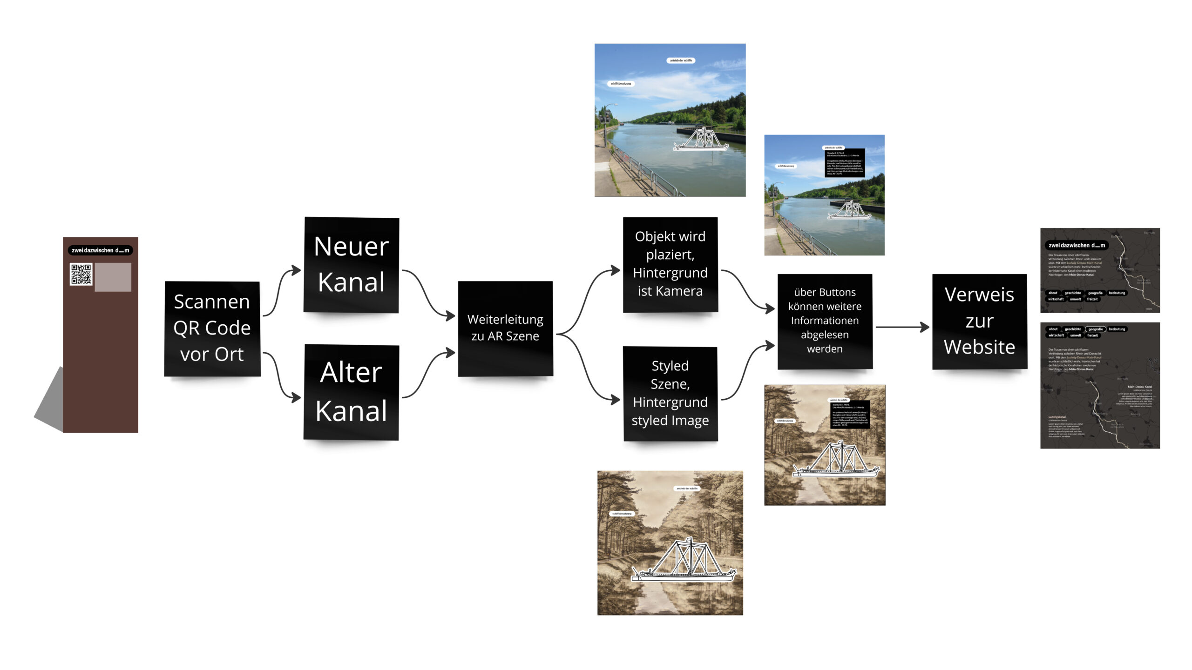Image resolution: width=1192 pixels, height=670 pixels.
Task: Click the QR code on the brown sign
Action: point(81,274)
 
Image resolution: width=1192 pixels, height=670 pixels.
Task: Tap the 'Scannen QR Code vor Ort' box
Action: point(212,328)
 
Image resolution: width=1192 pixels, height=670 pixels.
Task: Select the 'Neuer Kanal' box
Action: point(352,264)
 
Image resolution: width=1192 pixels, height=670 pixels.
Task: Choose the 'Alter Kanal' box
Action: point(352,392)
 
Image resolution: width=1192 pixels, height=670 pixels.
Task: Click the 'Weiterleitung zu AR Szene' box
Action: point(505,328)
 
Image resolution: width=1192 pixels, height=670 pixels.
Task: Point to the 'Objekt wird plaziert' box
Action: point(670,264)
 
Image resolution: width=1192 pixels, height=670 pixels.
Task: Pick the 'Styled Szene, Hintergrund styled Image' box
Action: point(670,393)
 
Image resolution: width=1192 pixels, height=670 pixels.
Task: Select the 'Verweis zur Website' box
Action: point(979,321)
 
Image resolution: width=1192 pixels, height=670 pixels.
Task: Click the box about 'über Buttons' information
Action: point(825,321)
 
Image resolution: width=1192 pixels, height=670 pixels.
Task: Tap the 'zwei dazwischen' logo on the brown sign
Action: point(101,250)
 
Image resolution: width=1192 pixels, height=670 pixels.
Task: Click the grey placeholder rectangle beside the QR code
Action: point(113,277)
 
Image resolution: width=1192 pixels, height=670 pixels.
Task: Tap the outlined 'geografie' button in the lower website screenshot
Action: point(1095,329)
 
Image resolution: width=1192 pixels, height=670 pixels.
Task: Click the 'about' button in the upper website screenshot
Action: point(1053,293)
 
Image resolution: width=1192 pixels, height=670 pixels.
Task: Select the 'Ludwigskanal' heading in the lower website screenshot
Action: point(1057,417)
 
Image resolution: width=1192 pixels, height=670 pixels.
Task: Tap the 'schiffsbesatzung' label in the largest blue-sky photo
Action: point(621,84)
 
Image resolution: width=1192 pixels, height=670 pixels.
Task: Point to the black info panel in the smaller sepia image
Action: point(850,415)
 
